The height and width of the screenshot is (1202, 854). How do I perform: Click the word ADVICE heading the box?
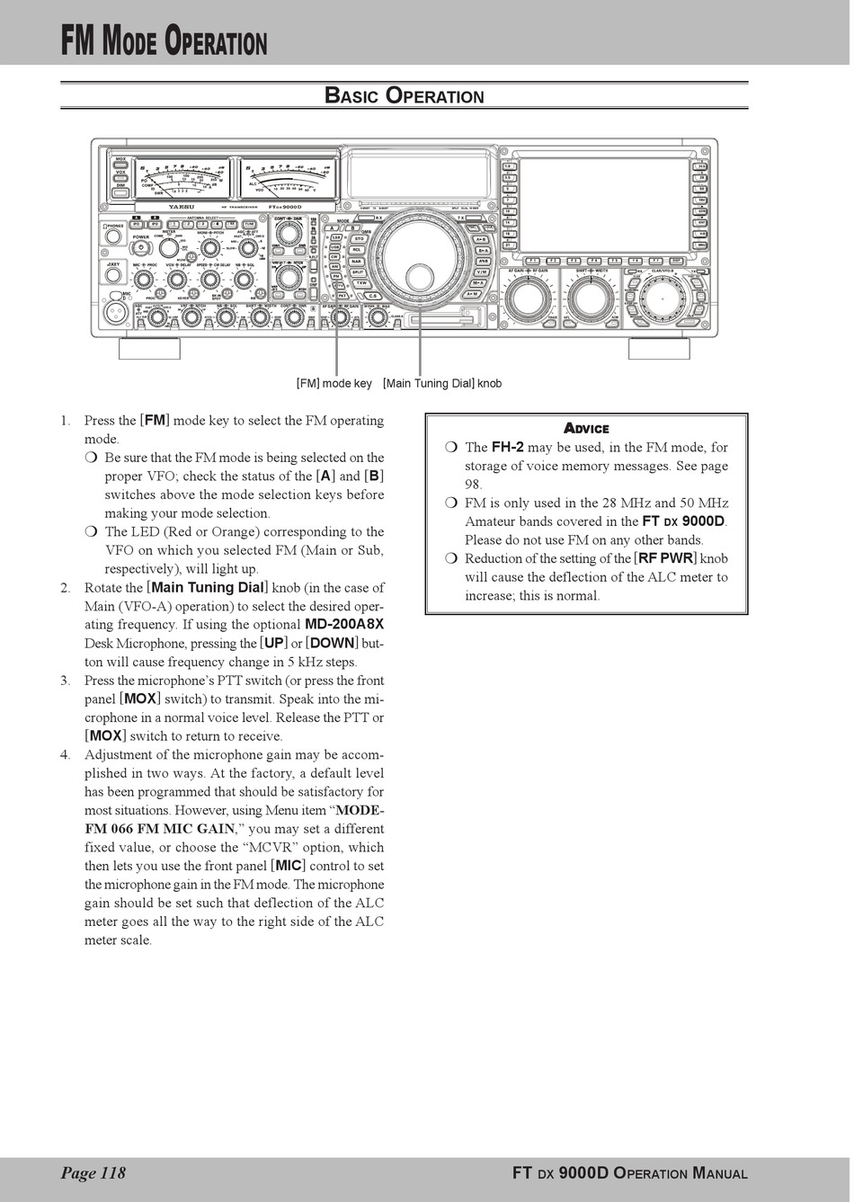click(x=586, y=429)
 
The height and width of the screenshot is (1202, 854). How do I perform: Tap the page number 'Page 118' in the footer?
click(x=93, y=1172)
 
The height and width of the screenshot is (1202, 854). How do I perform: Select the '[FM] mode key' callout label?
click(x=334, y=384)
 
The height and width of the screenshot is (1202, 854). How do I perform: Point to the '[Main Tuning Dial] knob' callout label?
click(x=442, y=384)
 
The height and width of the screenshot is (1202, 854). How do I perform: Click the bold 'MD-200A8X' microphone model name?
click(x=345, y=624)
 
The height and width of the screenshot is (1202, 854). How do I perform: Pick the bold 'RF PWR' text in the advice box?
click(x=665, y=558)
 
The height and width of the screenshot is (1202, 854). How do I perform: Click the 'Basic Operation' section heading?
click(x=404, y=96)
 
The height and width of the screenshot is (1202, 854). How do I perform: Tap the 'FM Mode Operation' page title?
click(x=165, y=42)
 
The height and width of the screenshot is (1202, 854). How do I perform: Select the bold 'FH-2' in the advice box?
click(x=508, y=447)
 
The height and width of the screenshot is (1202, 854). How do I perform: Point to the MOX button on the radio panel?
click(x=120, y=159)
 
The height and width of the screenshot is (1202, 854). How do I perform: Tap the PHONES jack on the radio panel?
click(x=114, y=236)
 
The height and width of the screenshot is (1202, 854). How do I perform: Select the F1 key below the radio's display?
click(x=533, y=261)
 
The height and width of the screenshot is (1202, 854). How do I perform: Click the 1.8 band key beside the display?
click(x=508, y=167)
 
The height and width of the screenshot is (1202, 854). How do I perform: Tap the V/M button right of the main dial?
click(x=482, y=272)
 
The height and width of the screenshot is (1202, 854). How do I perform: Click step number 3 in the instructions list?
click(x=66, y=681)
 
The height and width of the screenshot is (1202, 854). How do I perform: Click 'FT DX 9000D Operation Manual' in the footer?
click(x=629, y=1172)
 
